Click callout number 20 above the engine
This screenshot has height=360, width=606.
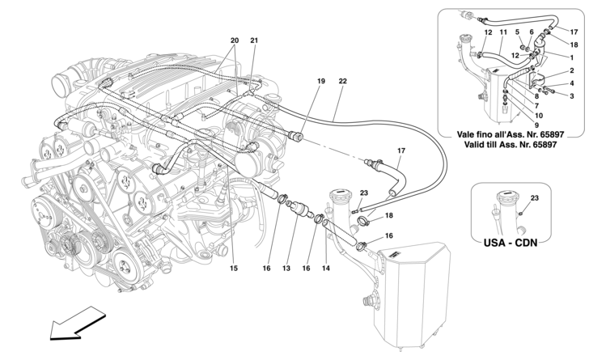(x=235, y=40)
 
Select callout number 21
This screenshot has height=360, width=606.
(x=254, y=40)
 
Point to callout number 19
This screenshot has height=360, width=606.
(x=320, y=81)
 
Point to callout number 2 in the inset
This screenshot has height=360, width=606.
(x=572, y=70)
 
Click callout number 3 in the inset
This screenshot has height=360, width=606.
(x=572, y=95)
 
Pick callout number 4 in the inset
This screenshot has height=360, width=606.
(x=572, y=83)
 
